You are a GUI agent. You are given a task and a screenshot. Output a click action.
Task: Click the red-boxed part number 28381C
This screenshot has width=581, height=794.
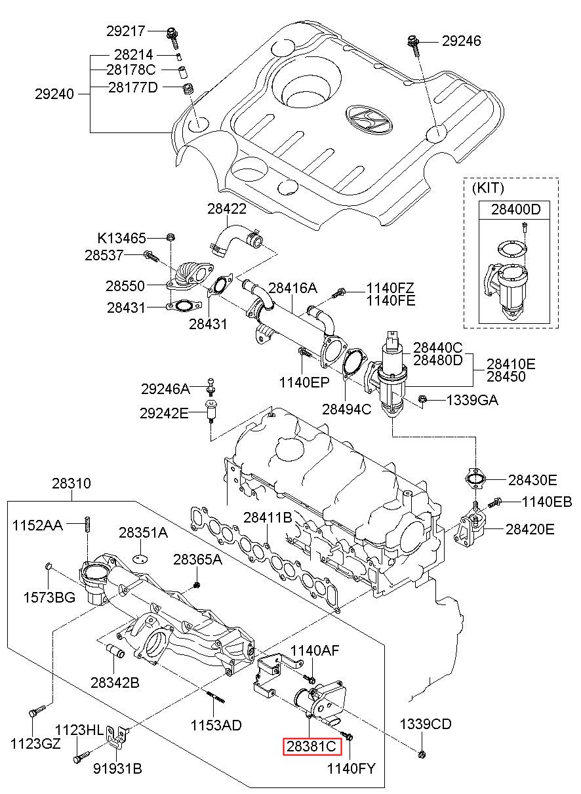(x=311, y=747)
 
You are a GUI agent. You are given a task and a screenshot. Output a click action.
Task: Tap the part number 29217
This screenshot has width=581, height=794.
(x=126, y=31)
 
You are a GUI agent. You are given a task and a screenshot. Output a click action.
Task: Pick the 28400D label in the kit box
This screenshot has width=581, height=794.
(x=516, y=210)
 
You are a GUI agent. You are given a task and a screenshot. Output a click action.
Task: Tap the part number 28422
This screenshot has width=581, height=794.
(x=227, y=208)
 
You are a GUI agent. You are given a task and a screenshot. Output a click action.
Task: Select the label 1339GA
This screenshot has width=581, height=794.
(x=472, y=400)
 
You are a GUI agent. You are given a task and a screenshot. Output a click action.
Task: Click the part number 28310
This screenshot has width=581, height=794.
(x=71, y=483)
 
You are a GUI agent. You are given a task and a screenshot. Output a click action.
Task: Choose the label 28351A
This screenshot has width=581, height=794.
(x=143, y=532)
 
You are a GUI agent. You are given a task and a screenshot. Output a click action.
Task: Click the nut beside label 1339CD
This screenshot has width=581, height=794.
(x=422, y=753)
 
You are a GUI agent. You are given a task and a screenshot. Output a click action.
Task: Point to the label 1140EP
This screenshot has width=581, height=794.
(x=304, y=382)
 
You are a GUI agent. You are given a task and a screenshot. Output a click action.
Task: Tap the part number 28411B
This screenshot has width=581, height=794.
(x=268, y=518)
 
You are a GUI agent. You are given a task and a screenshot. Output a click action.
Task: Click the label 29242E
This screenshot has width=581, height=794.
(x=164, y=413)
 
